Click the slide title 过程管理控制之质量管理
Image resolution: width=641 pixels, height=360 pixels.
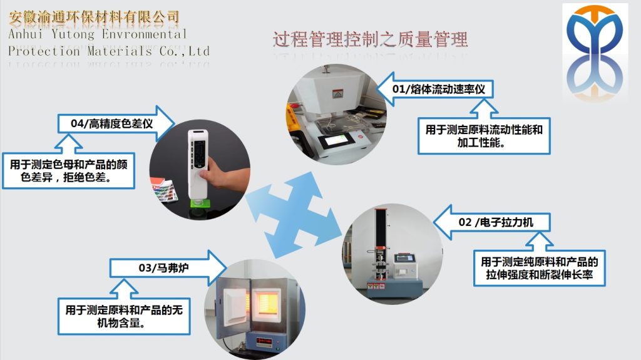click(370, 40)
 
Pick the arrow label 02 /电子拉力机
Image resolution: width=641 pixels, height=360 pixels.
click(495, 222)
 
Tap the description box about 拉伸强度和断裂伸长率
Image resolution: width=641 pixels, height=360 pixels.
click(539, 269)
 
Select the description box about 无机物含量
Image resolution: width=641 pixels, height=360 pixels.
click(125, 316)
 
